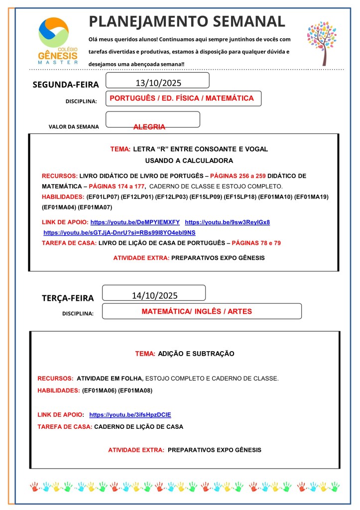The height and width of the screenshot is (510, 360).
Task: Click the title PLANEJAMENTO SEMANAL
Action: [187, 21]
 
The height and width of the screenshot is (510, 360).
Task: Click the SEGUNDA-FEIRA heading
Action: [66, 85]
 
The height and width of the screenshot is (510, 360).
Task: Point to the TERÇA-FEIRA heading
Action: [68, 298]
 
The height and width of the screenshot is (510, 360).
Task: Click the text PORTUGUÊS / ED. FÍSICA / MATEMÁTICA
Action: [181, 99]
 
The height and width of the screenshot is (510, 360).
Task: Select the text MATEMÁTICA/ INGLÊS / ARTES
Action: [197, 311]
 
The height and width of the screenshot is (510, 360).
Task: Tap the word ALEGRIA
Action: [149, 127]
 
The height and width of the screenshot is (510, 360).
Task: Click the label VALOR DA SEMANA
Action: [74, 127]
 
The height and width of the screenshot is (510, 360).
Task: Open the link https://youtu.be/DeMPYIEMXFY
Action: [135, 222]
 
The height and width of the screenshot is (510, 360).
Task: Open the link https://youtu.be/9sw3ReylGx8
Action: [227, 222]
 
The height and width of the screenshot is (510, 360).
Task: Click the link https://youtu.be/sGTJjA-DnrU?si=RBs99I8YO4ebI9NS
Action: [120, 233]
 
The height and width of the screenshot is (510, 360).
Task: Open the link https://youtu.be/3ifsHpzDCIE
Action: [130, 414]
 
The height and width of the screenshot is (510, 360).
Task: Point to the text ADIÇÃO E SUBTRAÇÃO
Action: [196, 354]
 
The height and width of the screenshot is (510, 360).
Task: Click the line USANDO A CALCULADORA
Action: [189, 161]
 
